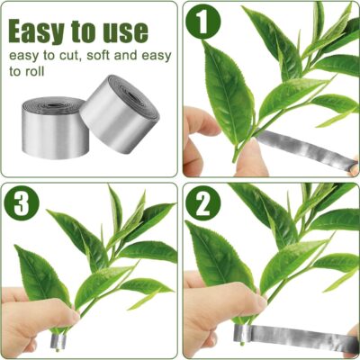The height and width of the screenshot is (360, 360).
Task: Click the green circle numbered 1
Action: [x=203, y=22]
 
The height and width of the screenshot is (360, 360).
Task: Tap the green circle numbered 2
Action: [x=203, y=203]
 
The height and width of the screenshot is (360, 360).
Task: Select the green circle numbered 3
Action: [x=22, y=203]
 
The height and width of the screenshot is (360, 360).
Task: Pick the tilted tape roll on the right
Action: [x=120, y=114]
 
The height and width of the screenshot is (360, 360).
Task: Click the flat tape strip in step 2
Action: [x=295, y=335]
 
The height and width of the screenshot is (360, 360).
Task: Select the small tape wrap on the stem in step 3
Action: [x=58, y=341]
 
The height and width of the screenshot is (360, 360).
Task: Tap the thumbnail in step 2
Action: [x=260, y=301]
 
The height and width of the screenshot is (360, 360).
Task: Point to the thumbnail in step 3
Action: [x=74, y=315]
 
